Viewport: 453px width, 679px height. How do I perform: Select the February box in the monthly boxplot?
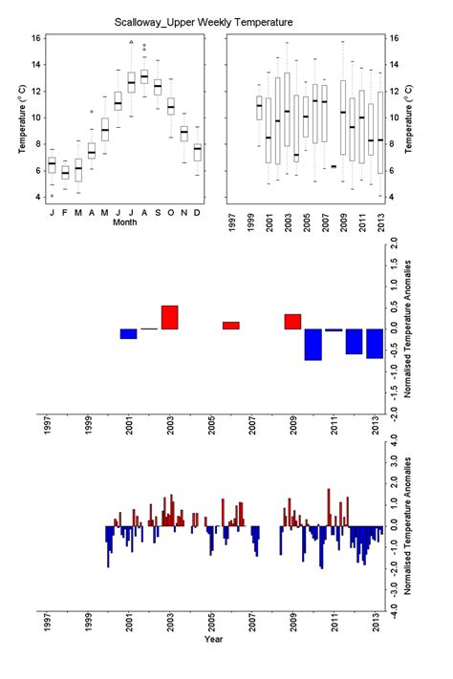pos(65,173)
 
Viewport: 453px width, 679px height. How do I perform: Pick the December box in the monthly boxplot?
pos(198,152)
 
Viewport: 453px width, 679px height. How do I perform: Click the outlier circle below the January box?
pos(52,195)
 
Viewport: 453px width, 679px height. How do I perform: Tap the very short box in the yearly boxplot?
pos(333,166)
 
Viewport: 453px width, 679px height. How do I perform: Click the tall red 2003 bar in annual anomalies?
pos(170,317)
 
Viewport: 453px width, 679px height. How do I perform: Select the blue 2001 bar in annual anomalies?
pos(129,333)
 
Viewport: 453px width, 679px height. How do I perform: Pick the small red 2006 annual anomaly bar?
pos(231,325)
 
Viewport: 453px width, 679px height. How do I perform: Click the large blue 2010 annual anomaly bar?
pos(313,344)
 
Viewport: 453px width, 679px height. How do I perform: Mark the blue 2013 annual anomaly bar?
pos(374,343)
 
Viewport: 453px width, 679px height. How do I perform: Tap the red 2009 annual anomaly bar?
pos(292,322)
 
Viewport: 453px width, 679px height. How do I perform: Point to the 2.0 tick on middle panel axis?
pos(395,244)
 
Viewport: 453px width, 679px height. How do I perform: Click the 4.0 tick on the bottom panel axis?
pos(395,446)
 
